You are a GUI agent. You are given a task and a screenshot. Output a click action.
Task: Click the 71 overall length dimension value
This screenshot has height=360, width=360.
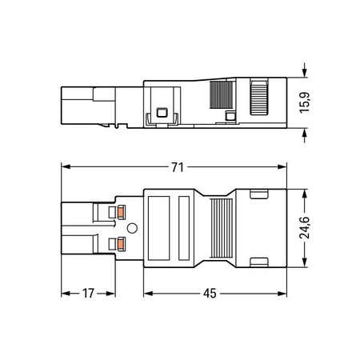(178, 167)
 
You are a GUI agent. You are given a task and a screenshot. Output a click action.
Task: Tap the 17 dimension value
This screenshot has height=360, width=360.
(88, 294)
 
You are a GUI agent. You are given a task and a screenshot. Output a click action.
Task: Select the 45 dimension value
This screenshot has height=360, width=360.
(210, 294)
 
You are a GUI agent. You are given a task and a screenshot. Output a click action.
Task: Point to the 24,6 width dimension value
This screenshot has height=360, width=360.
(305, 228)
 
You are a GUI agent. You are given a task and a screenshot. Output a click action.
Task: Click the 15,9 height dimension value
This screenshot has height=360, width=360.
(305, 103)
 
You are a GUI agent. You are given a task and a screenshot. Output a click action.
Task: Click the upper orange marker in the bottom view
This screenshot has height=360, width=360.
(122, 212)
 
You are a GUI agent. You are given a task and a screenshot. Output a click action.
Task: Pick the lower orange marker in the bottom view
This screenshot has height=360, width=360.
(122, 243)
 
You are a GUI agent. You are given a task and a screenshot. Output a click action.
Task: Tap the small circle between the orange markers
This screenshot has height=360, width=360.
(132, 228)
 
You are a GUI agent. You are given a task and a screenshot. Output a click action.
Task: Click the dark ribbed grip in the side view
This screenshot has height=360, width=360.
(221, 94)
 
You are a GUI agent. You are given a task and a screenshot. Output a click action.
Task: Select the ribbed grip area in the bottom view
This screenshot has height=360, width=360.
(222, 228)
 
